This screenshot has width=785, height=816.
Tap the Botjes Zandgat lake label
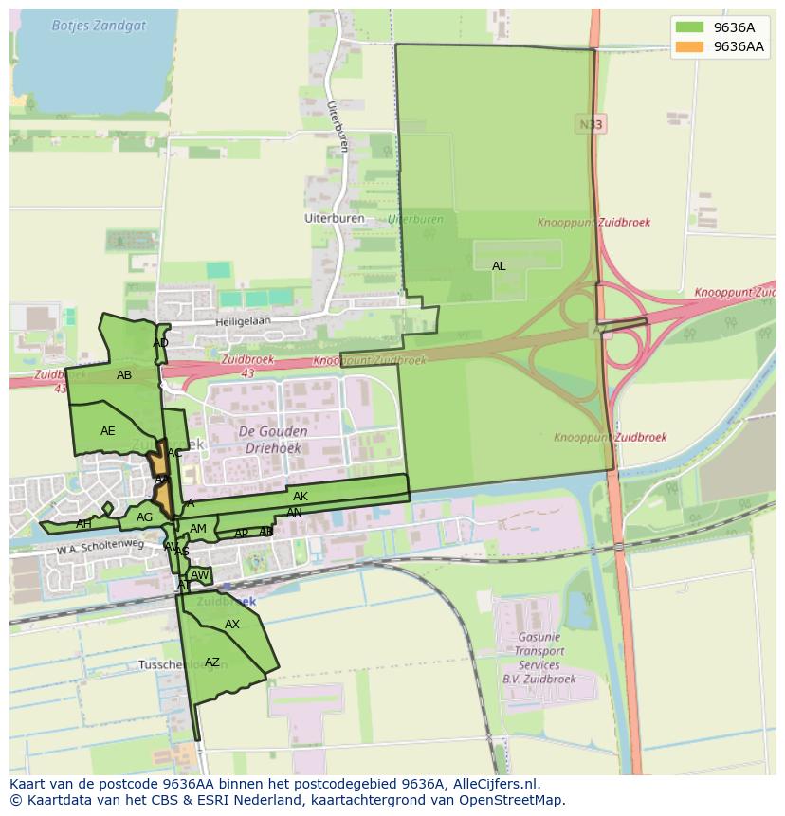point(100,26)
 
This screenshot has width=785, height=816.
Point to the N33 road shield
point(590,124)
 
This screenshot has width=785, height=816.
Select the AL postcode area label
point(499,266)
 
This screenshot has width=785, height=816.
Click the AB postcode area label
point(124,375)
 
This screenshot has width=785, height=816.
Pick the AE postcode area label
point(108,431)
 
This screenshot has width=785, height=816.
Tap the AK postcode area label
point(301,497)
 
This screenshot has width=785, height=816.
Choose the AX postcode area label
point(232,625)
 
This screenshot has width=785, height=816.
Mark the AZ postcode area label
point(212,662)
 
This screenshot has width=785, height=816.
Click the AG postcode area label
point(144,517)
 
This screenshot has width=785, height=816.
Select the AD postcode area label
point(160,343)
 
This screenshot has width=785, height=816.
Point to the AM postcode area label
point(198,529)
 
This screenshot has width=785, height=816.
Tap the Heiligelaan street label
point(243,321)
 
